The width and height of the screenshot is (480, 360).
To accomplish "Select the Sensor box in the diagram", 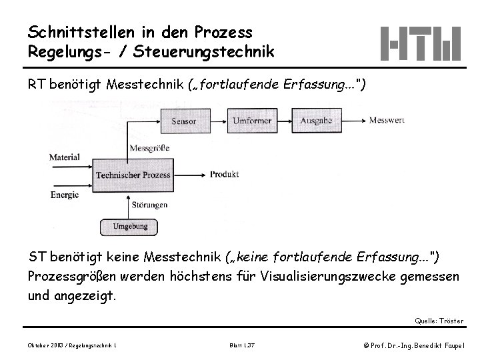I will [183, 121].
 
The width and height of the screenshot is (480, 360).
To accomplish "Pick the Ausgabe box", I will [316, 121].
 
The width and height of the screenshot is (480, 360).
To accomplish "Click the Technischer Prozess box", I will [133, 175].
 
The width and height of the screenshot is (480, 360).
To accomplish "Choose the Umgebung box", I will [130, 227].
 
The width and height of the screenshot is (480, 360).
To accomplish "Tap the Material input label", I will [65, 158].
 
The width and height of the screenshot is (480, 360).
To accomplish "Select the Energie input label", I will [65, 195].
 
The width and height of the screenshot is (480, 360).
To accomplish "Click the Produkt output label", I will [225, 175].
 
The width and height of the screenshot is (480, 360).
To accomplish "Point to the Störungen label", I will [149, 205].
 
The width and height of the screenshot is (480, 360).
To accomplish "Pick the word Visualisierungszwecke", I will [333, 275].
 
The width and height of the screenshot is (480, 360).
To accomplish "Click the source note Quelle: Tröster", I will [439, 321].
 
